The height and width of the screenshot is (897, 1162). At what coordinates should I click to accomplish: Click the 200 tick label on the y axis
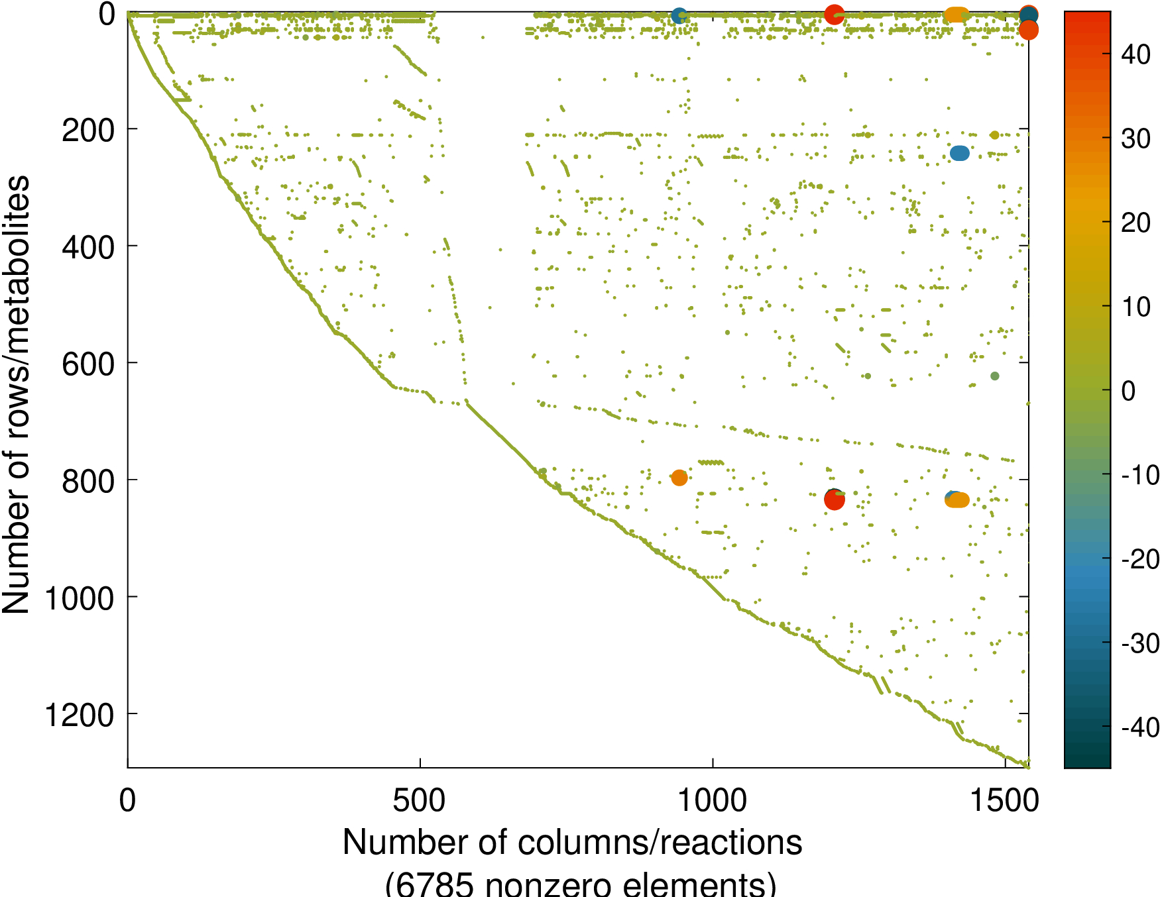87,131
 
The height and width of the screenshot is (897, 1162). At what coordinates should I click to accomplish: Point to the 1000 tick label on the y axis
79,599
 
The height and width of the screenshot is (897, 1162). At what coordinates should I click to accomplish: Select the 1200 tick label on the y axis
79,716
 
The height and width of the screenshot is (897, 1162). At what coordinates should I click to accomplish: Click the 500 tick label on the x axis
419,800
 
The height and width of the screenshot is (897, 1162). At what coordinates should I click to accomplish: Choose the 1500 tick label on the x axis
1004,800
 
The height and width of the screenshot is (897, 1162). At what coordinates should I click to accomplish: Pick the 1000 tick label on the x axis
712,800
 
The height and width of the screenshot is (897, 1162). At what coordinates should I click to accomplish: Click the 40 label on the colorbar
1135,55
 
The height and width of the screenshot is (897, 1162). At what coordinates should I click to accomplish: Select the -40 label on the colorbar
1139,728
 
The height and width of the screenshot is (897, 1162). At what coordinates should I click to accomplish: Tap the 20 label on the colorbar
1135,223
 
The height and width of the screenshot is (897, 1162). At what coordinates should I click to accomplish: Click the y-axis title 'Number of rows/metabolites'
16,394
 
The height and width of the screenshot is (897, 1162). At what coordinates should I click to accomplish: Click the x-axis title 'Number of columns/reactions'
572,843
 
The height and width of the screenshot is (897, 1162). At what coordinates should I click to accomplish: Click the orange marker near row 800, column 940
679,477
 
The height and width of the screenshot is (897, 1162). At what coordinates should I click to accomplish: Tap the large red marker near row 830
834,500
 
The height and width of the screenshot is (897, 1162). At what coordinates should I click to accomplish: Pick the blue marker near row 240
959,153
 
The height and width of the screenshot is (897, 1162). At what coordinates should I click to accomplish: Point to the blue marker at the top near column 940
678,16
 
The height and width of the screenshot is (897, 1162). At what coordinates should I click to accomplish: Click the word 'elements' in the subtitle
687,884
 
